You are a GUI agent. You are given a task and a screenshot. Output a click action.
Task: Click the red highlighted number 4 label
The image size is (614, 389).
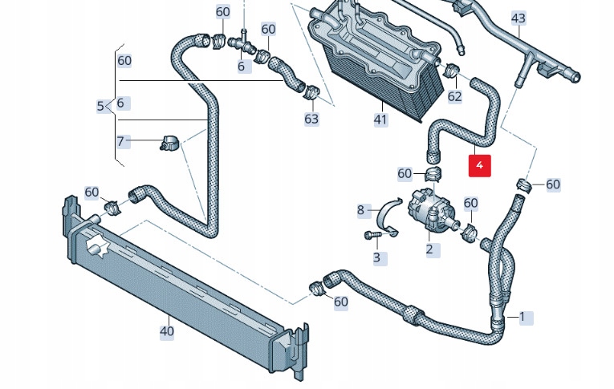coord(479,165)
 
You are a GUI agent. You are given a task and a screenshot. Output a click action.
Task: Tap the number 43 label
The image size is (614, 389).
coord(518,18)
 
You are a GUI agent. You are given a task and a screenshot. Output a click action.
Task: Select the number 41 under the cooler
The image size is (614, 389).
coord(380,120)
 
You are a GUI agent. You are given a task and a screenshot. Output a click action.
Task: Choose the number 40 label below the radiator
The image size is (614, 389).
coord(167,330)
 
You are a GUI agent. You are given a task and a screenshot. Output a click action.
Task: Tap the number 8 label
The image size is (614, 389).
coord(360,211)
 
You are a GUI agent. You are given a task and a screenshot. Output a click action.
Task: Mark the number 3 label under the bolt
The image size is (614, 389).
coord(376,258)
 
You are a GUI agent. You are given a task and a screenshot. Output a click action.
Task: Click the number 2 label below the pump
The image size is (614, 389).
coord(429,249)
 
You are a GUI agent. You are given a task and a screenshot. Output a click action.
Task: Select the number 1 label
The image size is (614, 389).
coord(522,317)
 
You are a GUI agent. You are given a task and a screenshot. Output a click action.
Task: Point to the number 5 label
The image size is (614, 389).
coord(100,106)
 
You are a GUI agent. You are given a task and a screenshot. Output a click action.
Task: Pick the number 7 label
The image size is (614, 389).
coord(121,142)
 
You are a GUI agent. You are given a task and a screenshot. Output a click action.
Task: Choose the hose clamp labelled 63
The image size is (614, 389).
coord(311,94)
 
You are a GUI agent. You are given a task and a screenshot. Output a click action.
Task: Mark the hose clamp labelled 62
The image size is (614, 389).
coord(452,71)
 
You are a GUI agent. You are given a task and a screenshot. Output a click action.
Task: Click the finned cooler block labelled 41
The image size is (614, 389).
coord(376,60)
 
